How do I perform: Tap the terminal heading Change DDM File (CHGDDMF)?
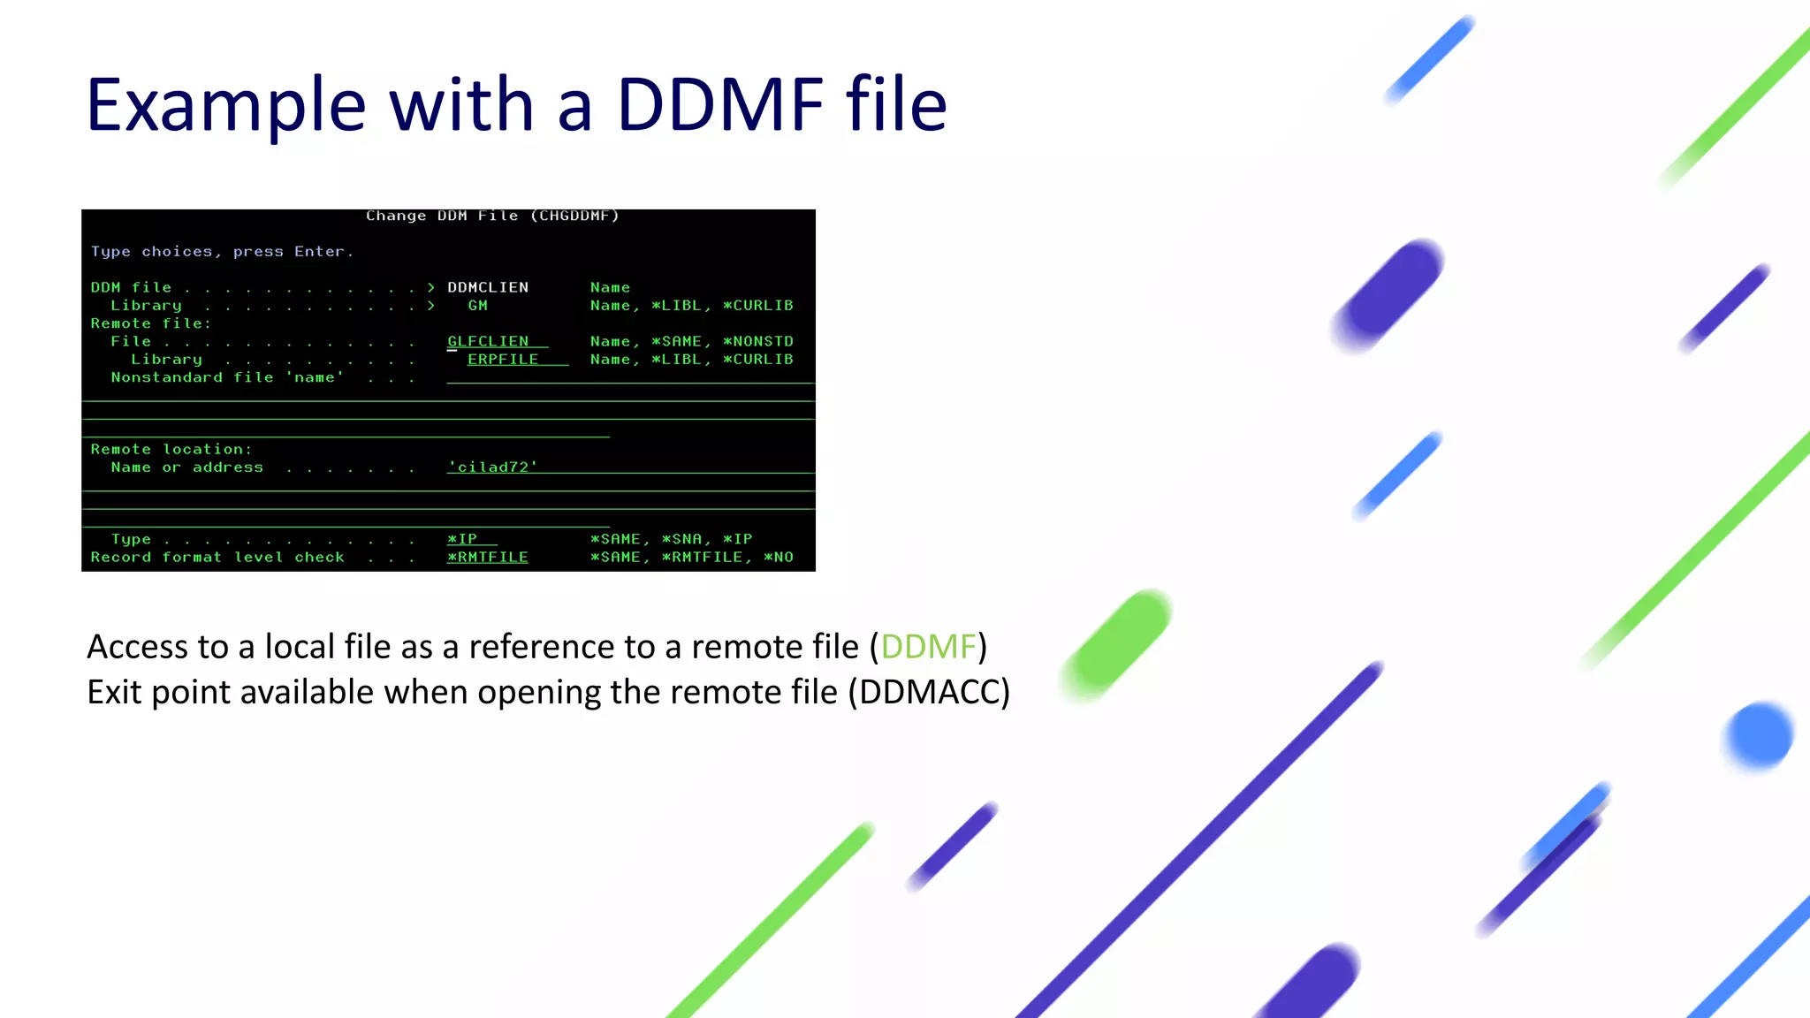pos(492,216)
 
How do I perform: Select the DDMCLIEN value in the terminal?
pos(488,287)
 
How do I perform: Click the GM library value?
pos(478,306)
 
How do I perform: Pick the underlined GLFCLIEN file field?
pos(489,341)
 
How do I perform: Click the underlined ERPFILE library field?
pos(503,360)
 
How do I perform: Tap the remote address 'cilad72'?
pos(492,467)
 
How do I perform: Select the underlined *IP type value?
pos(462,539)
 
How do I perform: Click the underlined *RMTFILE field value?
pos(488,558)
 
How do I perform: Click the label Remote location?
pos(171,449)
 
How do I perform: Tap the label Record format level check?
pos(217,558)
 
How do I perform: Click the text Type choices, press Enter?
pos(222,252)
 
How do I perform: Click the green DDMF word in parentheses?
pos(928,647)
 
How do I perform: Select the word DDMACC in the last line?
pos(929,692)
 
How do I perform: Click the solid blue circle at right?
pos(1759,735)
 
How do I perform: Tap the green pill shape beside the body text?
pos(1117,645)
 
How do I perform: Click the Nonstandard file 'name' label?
pos(227,377)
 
